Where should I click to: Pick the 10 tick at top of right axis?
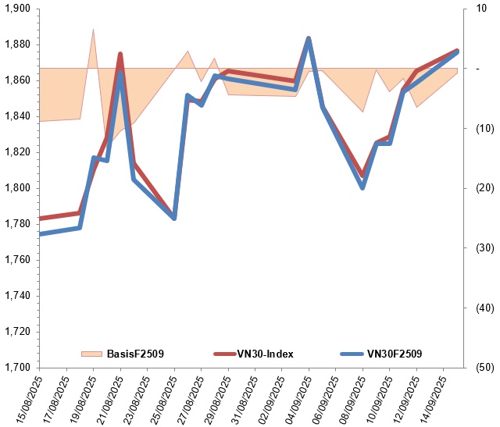(x=469, y=9)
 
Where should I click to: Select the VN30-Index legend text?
(x=265, y=354)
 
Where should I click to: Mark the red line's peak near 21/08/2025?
(x=120, y=54)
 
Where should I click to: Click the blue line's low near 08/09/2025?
(x=362, y=187)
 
